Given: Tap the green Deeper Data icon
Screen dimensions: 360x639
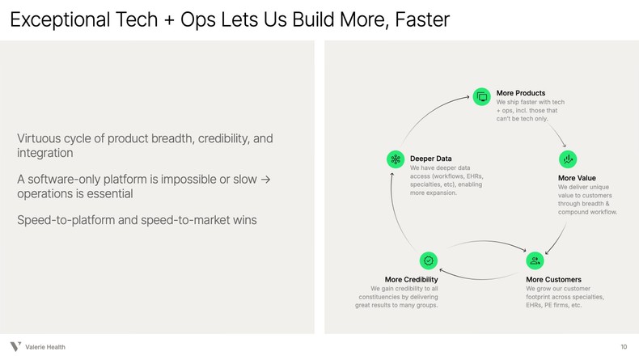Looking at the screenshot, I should (395, 159).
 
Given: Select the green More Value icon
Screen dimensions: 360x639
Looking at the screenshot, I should (567, 159).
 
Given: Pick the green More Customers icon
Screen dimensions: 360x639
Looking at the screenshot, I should (534, 260).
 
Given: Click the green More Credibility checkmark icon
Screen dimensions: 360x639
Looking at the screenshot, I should (429, 260).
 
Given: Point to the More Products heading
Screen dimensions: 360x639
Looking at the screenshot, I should (521, 93).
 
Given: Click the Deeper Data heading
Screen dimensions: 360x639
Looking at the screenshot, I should (430, 159).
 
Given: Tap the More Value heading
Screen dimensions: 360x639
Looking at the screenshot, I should (577, 178).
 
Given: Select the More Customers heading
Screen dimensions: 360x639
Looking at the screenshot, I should (553, 280).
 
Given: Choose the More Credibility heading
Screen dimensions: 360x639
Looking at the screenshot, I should (412, 280).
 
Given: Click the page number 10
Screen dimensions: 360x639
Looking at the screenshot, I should (624, 347).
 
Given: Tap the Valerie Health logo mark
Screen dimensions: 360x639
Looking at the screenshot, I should (15, 347).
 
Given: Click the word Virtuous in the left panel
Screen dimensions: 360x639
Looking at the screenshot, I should (40, 139).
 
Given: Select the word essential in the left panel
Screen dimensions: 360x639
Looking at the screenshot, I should (108, 194).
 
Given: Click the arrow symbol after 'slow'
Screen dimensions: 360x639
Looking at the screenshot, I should (264, 179).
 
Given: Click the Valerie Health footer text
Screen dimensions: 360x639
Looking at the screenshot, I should (45, 347).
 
